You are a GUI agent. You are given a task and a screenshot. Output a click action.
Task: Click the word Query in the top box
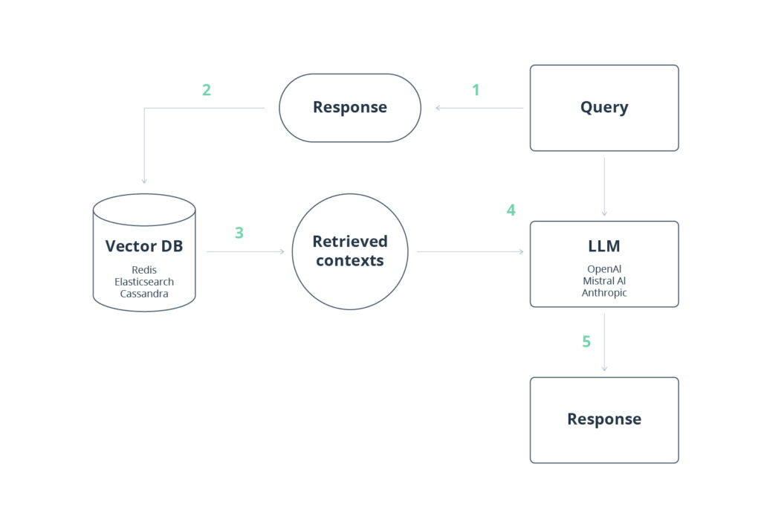[x=603, y=108]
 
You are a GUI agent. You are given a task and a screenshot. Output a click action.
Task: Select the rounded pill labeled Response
[x=349, y=108]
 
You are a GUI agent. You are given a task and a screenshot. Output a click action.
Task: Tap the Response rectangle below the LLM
[x=603, y=419]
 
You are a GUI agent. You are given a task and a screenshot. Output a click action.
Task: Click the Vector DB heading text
[x=144, y=246]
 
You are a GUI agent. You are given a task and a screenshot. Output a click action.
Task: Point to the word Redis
[x=144, y=270]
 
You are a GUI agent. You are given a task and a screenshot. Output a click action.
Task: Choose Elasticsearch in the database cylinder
[x=144, y=282]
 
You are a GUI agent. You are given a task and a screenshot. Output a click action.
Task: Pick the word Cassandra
[x=144, y=294]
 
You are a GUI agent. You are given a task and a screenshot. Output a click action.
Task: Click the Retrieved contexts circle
[x=349, y=251]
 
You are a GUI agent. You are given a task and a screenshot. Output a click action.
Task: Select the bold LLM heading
[x=603, y=246]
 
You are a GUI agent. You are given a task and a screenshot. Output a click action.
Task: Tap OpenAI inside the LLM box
[x=603, y=269]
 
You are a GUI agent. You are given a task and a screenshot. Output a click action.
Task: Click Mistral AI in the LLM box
[x=603, y=281]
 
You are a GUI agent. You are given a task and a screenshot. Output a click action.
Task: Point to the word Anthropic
[x=603, y=293]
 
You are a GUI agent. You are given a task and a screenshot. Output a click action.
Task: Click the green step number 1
[x=476, y=90]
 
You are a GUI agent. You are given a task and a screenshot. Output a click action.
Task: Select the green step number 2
[x=207, y=90]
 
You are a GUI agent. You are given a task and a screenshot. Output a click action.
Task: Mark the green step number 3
[x=239, y=233]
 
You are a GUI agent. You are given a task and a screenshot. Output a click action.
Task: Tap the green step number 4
[x=511, y=210]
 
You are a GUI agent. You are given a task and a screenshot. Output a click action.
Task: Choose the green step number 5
[x=586, y=341]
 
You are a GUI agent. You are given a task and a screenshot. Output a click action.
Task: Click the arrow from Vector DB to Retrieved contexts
[x=245, y=251]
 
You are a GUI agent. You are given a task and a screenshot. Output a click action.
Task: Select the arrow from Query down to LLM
[x=603, y=186]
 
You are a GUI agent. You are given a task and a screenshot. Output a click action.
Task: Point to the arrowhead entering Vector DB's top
[x=144, y=181]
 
